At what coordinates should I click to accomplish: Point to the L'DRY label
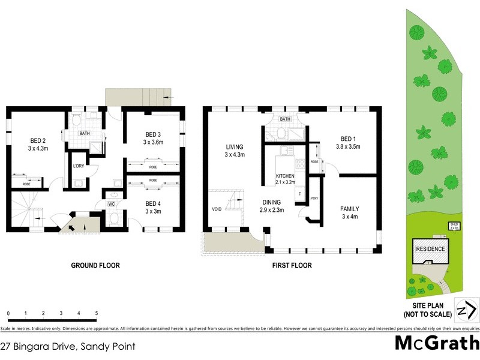(78, 166)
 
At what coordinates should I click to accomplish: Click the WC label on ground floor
(111, 205)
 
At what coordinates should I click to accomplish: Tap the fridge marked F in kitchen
(298, 195)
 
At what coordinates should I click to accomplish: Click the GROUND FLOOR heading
(96, 265)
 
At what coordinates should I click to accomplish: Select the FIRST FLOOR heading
(291, 265)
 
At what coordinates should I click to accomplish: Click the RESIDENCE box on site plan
(430, 249)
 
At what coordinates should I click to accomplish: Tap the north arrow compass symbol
(466, 311)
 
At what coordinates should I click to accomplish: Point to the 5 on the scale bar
(97, 314)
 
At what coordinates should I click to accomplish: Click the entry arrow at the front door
(77, 226)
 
